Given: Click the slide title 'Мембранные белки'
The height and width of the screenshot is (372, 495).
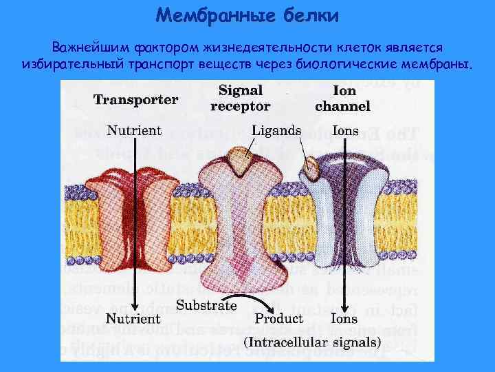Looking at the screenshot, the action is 247,14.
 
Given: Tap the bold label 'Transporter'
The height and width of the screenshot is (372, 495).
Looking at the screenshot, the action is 135,100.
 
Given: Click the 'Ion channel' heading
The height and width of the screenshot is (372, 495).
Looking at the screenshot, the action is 342,98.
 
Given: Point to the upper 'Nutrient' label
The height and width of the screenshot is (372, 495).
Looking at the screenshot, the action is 134,130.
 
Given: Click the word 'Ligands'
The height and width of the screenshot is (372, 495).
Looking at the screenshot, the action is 276,130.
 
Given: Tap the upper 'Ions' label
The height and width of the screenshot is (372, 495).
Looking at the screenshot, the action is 344,130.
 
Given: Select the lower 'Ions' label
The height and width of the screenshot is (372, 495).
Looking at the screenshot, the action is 344,319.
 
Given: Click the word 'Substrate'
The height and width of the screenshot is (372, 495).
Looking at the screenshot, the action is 207,305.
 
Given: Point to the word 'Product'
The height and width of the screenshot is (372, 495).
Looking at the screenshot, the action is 278,319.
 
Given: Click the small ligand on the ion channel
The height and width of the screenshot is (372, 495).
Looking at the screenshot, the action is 311,165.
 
